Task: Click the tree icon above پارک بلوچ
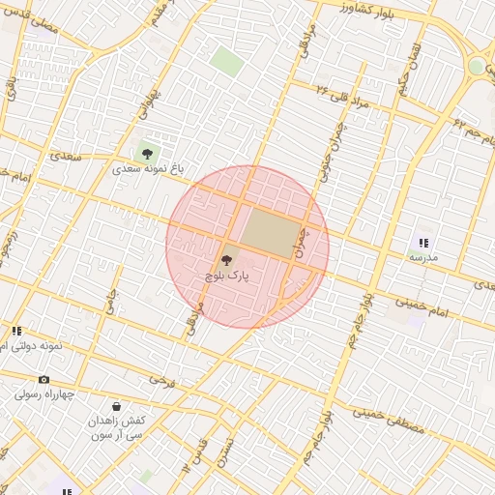pos(227,259)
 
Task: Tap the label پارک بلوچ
pos(227,276)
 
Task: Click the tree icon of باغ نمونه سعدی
pos(147,153)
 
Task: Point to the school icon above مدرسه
pos(423,242)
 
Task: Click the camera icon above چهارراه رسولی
pos(44,380)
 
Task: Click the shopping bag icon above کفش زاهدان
pos(117,407)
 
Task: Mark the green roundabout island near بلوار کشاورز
pos(477,67)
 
